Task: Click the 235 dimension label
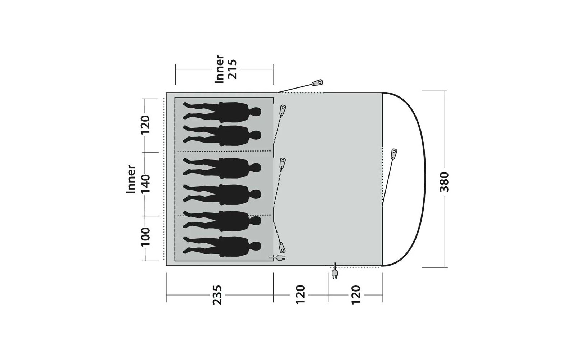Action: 217,295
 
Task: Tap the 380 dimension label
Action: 444,182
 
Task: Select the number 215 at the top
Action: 232,69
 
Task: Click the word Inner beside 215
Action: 219,69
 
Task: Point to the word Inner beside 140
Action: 131,179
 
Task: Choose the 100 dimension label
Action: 145,237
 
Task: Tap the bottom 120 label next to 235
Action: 300,295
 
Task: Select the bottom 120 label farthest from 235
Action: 356,295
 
